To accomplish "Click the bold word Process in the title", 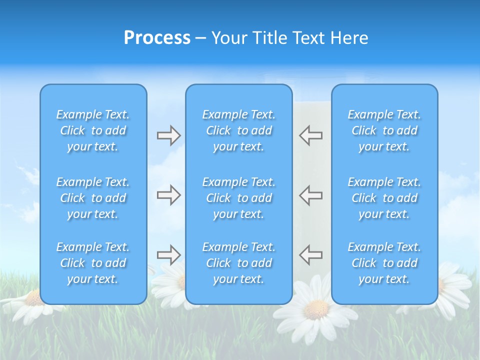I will point(157,38).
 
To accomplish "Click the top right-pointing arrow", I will point(168,135).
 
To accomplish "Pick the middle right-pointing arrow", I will point(168,195).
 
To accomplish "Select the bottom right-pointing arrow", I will point(168,255).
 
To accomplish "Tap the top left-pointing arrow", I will point(311,135).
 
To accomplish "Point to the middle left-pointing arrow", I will point(311,195).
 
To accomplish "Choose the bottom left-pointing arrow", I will point(311,255).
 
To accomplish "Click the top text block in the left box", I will point(93,130).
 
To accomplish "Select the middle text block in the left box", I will point(93,198).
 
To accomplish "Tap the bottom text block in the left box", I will point(93,263).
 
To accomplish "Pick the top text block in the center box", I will point(238,130).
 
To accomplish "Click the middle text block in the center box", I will point(238,198).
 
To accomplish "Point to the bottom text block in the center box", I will point(238,263).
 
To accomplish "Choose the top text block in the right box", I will point(384,130).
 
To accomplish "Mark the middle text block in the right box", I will point(384,198).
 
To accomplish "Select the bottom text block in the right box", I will point(384,263).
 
